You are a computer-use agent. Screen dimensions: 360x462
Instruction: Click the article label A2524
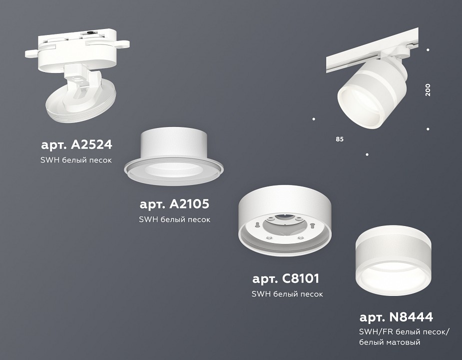[x=76, y=145]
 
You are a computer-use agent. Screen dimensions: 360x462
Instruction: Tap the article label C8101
[x=285, y=278]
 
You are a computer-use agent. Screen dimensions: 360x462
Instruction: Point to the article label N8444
[x=396, y=317]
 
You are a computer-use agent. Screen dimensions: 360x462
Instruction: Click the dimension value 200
[x=428, y=90]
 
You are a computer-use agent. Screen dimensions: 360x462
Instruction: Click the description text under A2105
[x=174, y=219]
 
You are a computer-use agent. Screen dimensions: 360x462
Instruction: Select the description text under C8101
[x=287, y=294]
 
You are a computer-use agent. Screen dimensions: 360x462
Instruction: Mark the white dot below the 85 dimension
[x=367, y=154]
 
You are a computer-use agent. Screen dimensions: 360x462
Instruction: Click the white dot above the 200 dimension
[x=428, y=50]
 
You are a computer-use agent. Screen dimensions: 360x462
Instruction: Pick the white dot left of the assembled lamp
[x=314, y=119]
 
